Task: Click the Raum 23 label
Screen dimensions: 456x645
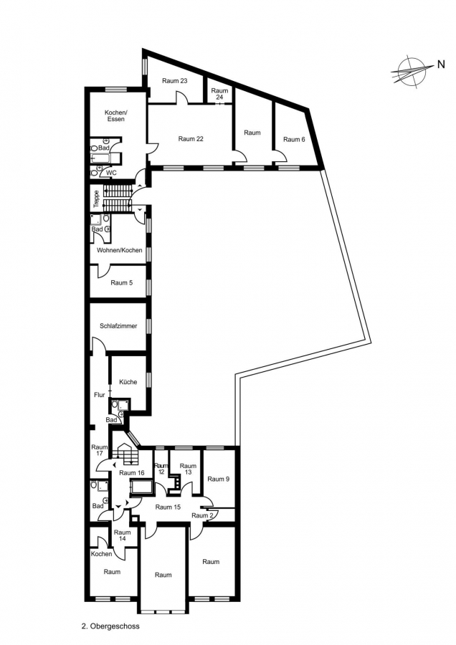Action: coord(174,81)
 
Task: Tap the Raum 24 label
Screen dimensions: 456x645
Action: coord(219,94)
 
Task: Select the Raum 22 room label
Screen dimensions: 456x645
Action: coord(191,139)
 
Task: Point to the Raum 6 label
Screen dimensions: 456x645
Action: coord(294,140)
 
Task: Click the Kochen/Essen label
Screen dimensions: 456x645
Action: coord(115,115)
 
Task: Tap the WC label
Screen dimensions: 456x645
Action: coord(112,173)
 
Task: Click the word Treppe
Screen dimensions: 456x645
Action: coord(96,199)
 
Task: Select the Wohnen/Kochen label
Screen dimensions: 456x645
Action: coord(119,250)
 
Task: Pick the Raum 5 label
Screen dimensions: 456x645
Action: coord(121,283)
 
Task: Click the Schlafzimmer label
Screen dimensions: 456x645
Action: coord(118,326)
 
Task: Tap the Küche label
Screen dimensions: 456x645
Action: coord(128,382)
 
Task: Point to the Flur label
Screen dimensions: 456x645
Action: coord(99,395)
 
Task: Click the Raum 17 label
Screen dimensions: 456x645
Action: coord(99,450)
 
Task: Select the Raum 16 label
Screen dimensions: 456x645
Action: coord(132,473)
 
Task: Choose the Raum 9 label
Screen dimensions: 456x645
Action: coord(218,479)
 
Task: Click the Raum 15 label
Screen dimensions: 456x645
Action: coord(168,507)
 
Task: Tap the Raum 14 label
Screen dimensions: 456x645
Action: coord(122,535)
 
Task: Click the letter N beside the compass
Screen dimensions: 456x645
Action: coord(441,64)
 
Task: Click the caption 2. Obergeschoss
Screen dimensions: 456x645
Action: coord(110,626)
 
